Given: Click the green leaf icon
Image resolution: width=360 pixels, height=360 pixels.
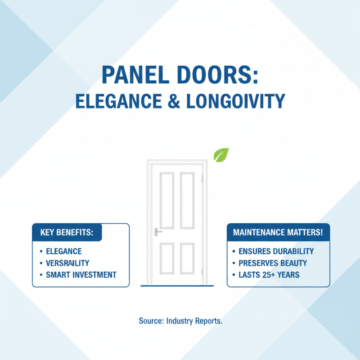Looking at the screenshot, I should point(221,155).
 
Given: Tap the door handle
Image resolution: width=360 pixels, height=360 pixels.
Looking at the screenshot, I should point(157,231).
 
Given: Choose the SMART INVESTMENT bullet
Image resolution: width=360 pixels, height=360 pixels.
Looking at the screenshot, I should point(81,274).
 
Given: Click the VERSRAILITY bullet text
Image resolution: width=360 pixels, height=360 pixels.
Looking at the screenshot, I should point(67,263).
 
